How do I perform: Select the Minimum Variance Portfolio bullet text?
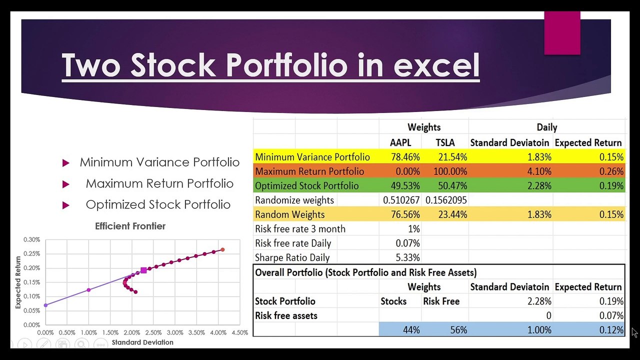(x=159, y=162)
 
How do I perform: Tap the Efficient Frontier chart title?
(x=130, y=226)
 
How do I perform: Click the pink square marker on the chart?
(x=143, y=270)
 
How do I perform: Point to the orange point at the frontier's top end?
(x=222, y=249)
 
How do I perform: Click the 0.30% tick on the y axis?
(x=31, y=240)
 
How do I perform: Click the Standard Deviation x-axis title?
(x=142, y=342)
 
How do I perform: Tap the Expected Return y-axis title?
(x=18, y=282)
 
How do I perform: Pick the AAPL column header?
(x=400, y=142)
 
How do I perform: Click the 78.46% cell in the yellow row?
(x=405, y=157)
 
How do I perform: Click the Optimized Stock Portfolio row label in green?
(x=306, y=186)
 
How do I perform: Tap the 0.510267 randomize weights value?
(x=401, y=200)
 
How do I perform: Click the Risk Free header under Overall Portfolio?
(x=441, y=301)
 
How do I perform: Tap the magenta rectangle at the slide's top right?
(x=562, y=32)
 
